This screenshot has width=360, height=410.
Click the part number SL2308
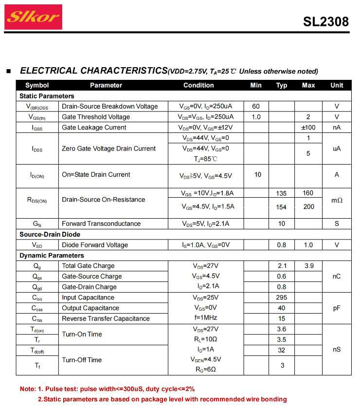(x=326, y=22)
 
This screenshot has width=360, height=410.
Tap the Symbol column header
(x=37, y=85)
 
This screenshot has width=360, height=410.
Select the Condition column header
(x=198, y=85)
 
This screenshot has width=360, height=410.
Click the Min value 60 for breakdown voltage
(x=256, y=106)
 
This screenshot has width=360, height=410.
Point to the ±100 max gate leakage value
(x=308, y=127)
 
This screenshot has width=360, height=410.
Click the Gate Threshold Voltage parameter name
(x=96, y=117)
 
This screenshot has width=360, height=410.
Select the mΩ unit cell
(x=337, y=200)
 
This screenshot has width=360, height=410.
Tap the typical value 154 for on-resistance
(x=281, y=207)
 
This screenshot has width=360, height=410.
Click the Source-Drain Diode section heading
(x=50, y=234)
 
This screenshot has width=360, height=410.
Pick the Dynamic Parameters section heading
(x=52, y=256)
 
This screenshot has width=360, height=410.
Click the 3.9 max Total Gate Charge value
(x=309, y=266)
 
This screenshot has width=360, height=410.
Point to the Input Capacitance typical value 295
(x=282, y=298)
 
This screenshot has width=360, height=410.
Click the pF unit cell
(x=337, y=308)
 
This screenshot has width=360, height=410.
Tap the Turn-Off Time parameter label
(x=82, y=360)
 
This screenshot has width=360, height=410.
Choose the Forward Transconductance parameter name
(x=101, y=224)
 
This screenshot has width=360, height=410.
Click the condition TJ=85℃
(x=205, y=159)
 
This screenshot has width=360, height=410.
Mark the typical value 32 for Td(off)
(x=282, y=350)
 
